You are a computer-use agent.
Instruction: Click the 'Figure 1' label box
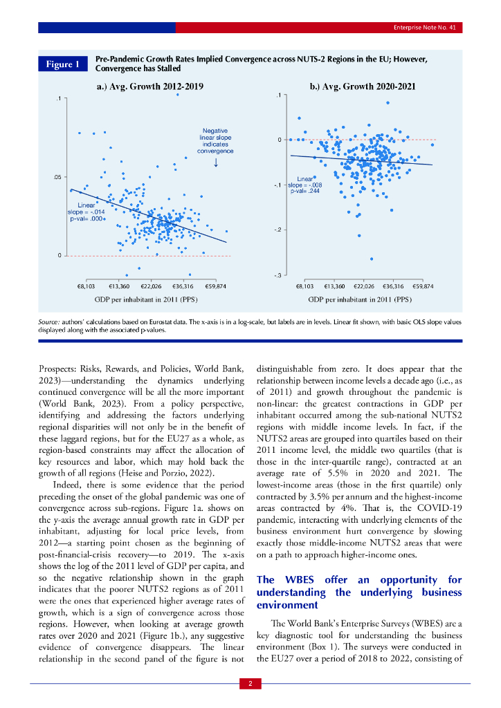[63, 64]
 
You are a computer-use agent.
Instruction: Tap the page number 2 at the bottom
[250, 684]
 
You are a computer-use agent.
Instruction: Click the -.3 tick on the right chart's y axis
[276, 276]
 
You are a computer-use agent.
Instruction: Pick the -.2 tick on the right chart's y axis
[276, 230]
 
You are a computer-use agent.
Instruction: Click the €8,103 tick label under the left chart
[86, 286]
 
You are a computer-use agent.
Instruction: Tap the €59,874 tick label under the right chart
[423, 286]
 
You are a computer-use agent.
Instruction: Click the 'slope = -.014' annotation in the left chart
[86, 212]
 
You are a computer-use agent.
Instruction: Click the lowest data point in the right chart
[372, 259]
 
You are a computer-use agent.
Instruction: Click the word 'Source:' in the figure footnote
[51, 323]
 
